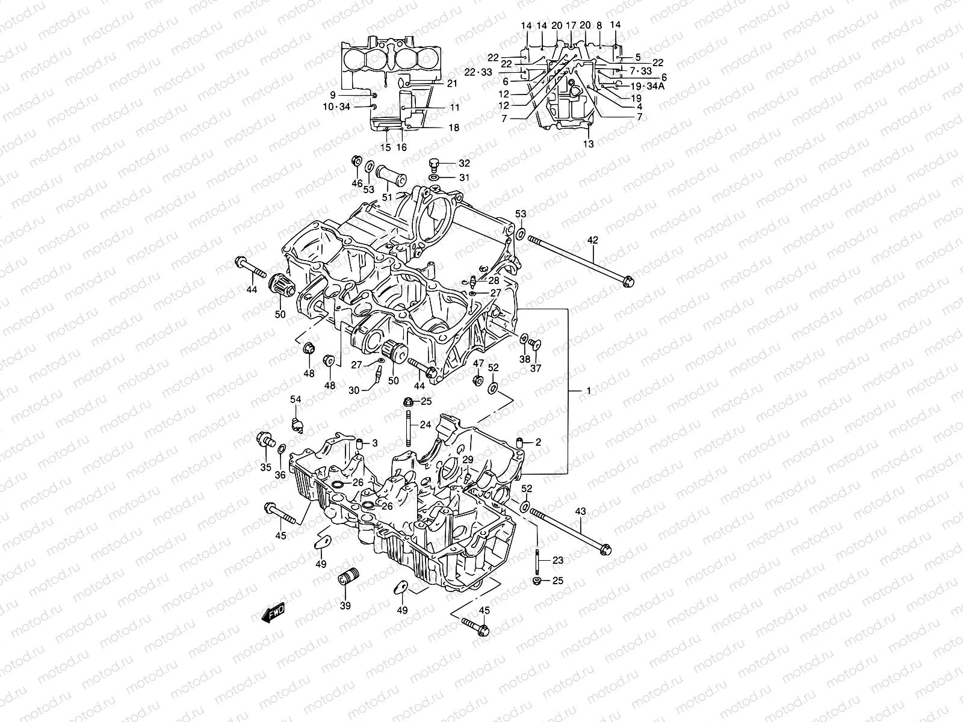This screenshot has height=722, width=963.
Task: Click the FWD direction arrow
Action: pos(273,612)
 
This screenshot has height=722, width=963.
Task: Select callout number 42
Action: pos(593,240)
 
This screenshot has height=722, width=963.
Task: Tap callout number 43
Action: pos(580,511)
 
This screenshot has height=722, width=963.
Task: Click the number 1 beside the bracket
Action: pos(589,391)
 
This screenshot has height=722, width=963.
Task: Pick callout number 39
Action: pos(345,606)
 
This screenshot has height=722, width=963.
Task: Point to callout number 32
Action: pos(463,163)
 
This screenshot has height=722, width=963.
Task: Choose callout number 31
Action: pos(463,177)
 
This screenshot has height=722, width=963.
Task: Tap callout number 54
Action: pos(295,400)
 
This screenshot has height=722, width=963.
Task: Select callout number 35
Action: pos(265,467)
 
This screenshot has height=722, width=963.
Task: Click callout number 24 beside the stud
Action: pos(426,425)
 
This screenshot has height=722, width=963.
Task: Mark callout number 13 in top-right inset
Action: pos(588,144)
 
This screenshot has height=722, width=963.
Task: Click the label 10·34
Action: pos(353,107)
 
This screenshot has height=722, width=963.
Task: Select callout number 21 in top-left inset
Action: pos(452,84)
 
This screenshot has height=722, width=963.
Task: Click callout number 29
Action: pos(468,460)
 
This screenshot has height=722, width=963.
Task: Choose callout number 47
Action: pos(478,363)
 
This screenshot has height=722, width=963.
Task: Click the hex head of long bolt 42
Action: pos(627,280)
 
